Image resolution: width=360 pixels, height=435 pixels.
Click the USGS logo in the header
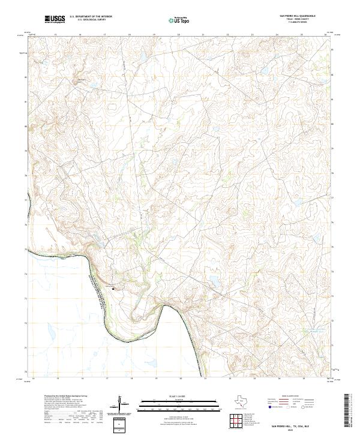point(55,20)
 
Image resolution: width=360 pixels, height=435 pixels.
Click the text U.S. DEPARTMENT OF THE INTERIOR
point(91,17)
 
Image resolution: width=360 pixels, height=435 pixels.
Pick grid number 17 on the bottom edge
point(106,379)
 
